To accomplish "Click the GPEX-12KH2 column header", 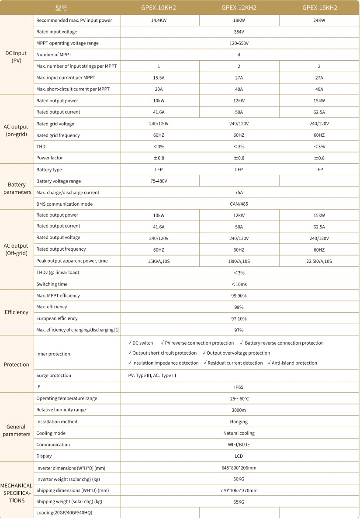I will point(239,7).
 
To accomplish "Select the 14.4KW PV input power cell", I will point(159,21).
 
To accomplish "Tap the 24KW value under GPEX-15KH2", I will point(319,21).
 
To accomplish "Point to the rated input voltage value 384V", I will point(239,32).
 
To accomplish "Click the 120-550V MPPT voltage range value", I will point(239,43).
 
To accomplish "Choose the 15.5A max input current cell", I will point(159,78).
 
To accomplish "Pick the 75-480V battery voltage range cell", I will point(159,181).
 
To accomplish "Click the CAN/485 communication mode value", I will point(239,204).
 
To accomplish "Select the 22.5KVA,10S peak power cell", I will point(319,261).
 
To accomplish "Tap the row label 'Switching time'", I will point(52,284).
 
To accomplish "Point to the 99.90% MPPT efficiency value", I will point(239,296).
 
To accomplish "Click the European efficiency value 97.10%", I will point(239,319).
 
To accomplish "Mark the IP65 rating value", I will point(239,387).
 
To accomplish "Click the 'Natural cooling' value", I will point(239,433).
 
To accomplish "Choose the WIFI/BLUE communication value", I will point(239,445).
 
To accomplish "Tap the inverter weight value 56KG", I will point(239,479).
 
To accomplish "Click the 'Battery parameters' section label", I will point(17,188).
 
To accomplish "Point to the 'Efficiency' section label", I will point(17,312).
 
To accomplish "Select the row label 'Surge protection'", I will point(54,376).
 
